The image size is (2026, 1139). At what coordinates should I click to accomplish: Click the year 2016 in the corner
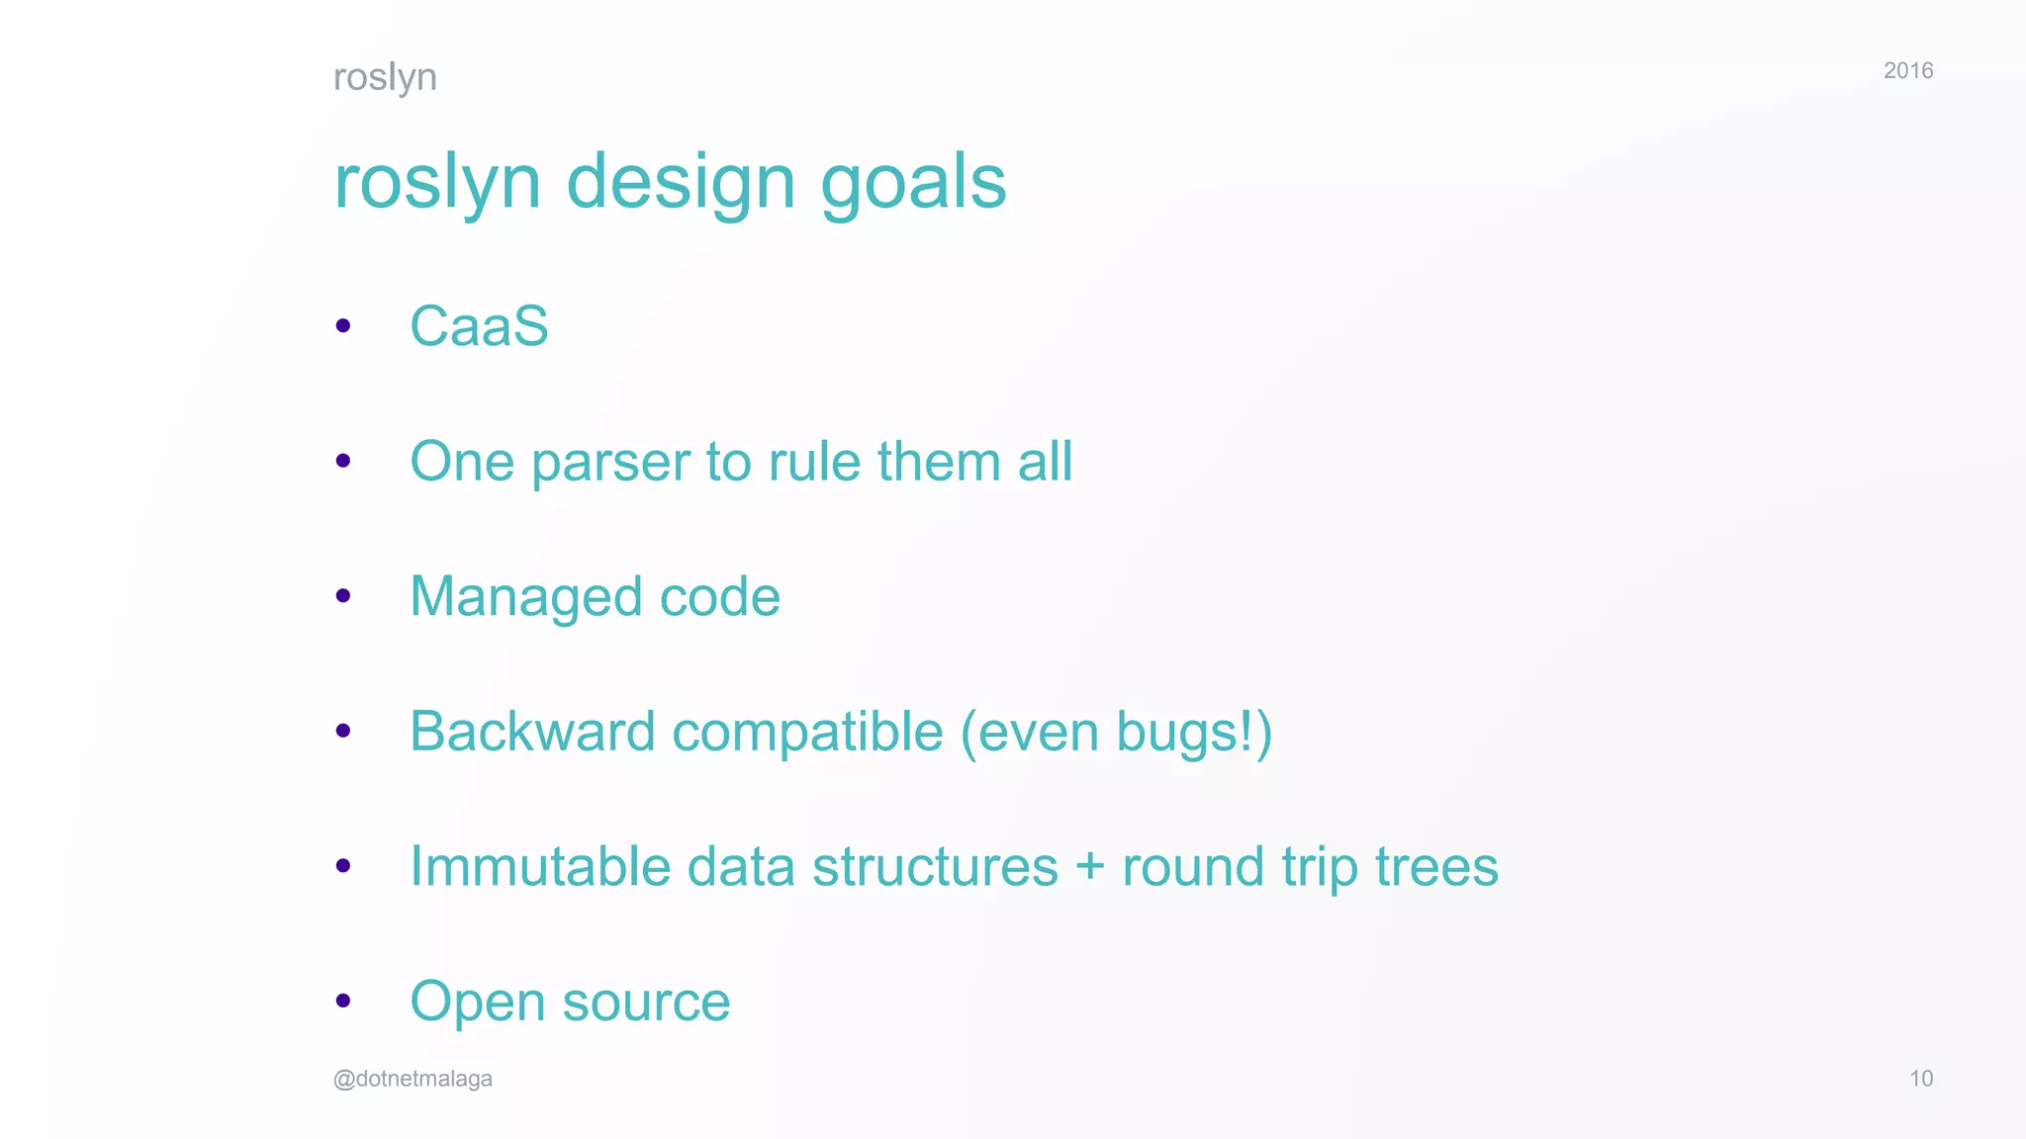click(x=1907, y=70)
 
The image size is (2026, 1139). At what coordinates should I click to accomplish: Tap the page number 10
click(x=1920, y=1079)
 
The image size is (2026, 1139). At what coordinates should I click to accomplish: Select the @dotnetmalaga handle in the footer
click(x=413, y=1079)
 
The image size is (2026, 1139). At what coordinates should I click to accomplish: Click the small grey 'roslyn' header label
click(x=385, y=77)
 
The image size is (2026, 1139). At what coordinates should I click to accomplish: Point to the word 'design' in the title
click(x=681, y=183)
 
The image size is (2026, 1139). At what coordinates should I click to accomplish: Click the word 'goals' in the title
click(x=913, y=183)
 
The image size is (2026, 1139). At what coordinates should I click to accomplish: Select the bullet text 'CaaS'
click(x=479, y=326)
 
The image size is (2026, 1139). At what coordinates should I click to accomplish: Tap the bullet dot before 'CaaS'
click(x=343, y=325)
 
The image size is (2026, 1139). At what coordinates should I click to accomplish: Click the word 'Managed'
click(x=526, y=598)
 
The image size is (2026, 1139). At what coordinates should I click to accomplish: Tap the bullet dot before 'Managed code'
click(x=343, y=595)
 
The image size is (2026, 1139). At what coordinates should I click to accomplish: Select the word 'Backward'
click(x=532, y=732)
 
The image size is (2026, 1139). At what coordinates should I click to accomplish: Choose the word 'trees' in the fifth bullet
click(x=1436, y=867)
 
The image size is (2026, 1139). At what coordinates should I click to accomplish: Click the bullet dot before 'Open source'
click(x=343, y=1001)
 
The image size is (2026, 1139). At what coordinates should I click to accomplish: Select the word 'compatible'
click(x=807, y=734)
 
